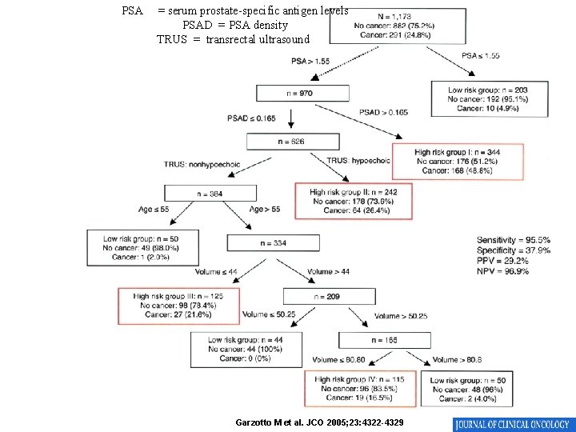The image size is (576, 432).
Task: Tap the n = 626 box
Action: pos(292,142)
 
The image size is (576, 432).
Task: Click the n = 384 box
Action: pos(210,194)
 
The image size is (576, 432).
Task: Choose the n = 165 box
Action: pos(385,341)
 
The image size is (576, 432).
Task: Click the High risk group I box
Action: pos(458,162)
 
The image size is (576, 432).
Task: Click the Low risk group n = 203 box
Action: pos(488,99)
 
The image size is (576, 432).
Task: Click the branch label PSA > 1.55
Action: pos(310,62)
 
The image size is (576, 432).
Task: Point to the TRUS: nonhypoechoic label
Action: pos(202,164)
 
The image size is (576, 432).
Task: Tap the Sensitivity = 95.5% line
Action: pos(514,240)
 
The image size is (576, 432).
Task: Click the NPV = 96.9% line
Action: pos(502,271)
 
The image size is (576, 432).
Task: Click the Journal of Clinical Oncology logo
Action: pos(512,424)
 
